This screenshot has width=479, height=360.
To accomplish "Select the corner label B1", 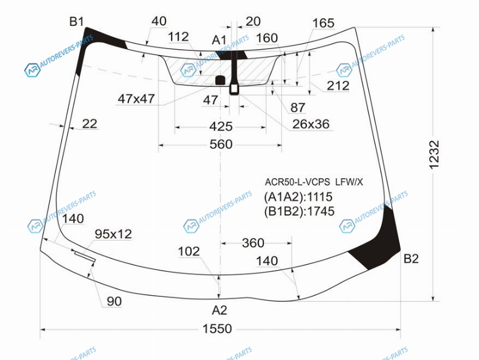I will pos(76,22).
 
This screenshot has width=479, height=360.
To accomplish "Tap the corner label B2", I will pos(411,259).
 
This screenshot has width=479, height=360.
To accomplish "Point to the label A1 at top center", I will pos(219,40).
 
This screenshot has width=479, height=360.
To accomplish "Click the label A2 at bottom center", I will pos(219,310).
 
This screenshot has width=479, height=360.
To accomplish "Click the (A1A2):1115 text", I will pos(299,197).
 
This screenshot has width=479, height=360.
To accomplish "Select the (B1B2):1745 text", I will pos(299,211).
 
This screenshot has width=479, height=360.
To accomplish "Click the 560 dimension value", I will pos(221,144).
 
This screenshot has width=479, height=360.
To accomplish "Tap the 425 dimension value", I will pos(221,127).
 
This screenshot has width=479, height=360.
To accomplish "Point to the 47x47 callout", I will pos(136,99).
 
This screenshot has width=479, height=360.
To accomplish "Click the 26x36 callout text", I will pos(311,124).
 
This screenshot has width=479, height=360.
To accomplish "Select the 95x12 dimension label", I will pos(113,234).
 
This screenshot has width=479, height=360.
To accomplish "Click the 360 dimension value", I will pos(253,243).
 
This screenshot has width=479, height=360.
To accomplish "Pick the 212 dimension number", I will pos(338,86).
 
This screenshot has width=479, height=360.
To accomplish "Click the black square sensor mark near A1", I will pos(219,80).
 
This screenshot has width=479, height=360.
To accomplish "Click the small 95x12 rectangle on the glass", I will pos(84,257).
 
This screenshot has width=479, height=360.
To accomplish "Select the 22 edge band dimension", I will pos(89,124).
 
